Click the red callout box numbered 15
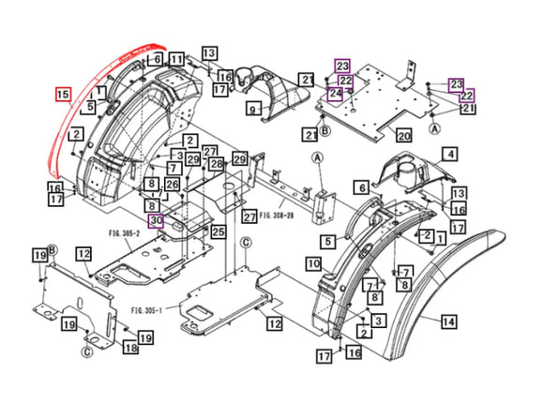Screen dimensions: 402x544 tap(63, 95)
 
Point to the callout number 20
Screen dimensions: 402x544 tap(404, 136)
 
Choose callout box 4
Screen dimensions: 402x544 tap(450, 155)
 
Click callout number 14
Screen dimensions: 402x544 tap(448, 320)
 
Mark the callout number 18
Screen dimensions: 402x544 tap(129, 348)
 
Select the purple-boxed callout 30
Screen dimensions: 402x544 tap(157, 221)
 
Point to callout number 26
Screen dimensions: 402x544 tap(172, 184)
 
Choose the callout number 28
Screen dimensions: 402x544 tap(216, 165)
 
